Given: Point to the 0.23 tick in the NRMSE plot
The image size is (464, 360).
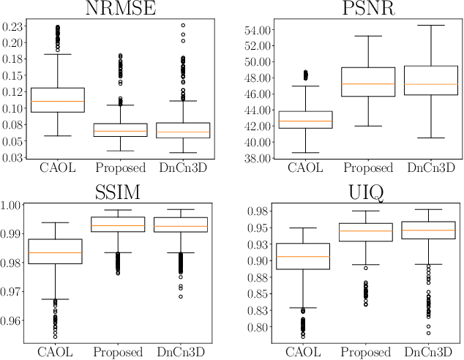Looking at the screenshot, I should (12, 26).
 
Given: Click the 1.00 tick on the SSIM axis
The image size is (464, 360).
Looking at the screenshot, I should (12, 206).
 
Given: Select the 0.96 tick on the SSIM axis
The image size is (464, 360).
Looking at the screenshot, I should (12, 320).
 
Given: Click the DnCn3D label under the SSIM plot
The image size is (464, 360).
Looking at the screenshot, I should (184, 352).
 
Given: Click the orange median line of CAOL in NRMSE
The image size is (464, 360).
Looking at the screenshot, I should (57, 102).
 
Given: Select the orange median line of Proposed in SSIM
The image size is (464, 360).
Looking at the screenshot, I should (120, 225).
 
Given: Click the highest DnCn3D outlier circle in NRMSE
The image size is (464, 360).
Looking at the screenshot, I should (184, 25).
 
